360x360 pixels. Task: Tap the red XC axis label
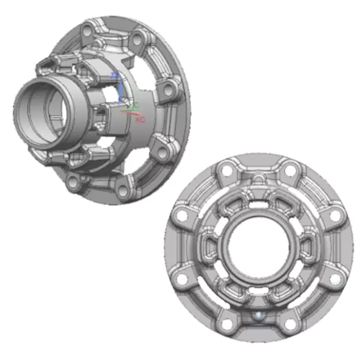pyautogui.click(x=140, y=120)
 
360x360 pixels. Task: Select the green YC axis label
pyautogui.click(x=135, y=106)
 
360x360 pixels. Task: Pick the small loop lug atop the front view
pyautogui.click(x=257, y=178)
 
